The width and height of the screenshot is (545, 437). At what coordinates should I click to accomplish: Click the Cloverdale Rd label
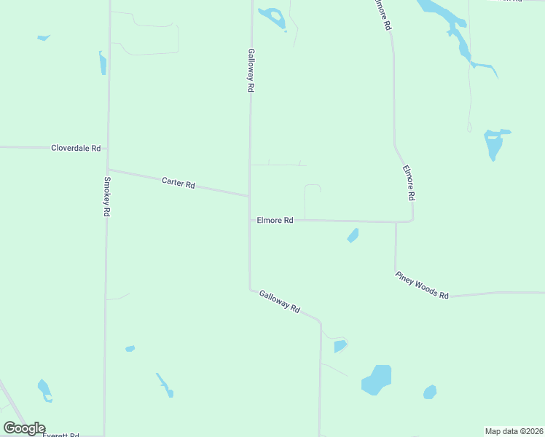coord(76,148)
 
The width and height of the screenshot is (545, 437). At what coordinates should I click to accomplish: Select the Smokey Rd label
coord(106,197)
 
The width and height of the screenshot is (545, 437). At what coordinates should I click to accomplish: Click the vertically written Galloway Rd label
coord(250,70)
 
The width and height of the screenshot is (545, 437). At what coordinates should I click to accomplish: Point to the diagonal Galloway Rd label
coord(280,302)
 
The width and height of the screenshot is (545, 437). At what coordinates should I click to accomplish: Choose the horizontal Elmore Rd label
coord(275,220)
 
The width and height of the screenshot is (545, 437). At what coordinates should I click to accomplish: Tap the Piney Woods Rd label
coord(423,285)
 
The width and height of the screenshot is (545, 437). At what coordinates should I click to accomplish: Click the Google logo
coord(24,428)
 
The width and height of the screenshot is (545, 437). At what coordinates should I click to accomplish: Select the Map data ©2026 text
coord(514,431)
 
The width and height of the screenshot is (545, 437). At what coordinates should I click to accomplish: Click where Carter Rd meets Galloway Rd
coord(250,195)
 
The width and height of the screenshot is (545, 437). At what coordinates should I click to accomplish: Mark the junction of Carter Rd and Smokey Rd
coord(108,170)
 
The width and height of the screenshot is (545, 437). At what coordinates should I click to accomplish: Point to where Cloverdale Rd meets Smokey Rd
coord(108,148)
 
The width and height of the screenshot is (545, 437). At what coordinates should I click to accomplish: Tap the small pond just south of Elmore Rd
coord(353,235)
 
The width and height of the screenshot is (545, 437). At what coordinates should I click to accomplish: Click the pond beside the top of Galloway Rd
coord(272,17)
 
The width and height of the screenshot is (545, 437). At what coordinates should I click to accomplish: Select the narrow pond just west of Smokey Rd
coord(103,63)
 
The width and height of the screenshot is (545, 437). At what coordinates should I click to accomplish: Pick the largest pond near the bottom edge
coord(377,379)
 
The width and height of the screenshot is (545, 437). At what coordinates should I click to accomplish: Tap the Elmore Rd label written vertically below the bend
coord(410,183)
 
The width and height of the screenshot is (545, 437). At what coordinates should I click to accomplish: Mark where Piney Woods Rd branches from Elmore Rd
coord(396,221)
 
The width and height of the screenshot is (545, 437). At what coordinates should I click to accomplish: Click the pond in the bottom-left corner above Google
coord(44,390)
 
